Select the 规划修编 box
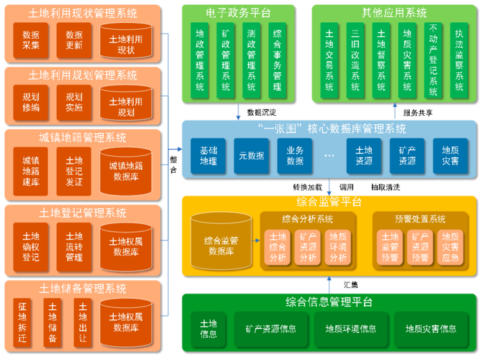pyautogui.click(x=31, y=103)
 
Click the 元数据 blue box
pyautogui.click(x=250, y=156)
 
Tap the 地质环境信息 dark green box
pyautogui.click(x=351, y=329)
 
